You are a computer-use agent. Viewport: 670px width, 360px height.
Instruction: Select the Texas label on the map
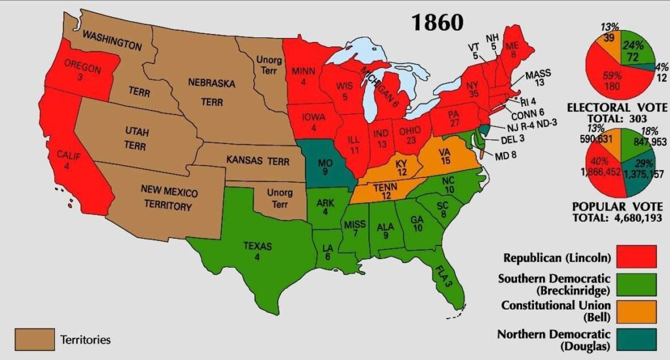[x=257, y=251]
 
